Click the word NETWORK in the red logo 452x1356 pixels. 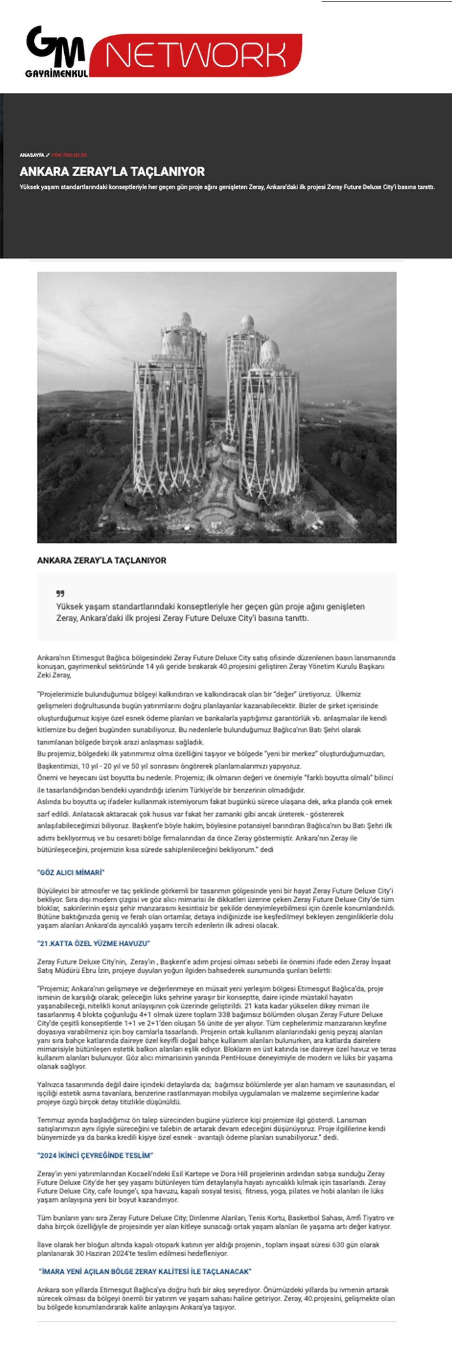(195, 55)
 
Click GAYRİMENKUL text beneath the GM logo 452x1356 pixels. (56, 74)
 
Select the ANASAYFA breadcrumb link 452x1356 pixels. (32, 155)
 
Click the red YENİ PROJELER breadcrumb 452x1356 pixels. (69, 155)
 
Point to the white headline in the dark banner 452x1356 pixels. (112, 171)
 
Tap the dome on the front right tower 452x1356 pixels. (270, 350)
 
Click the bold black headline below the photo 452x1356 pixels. (101, 561)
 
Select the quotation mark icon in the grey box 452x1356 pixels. (60, 594)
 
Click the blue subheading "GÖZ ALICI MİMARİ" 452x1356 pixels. (71, 872)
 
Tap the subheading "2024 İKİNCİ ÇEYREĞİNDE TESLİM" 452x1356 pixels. (95, 1155)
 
